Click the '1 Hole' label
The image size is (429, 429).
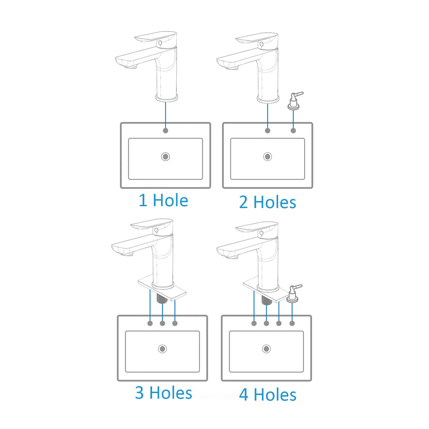pyautogui.click(x=163, y=200)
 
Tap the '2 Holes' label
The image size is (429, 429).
pyautogui.click(x=268, y=202)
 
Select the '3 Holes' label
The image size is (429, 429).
pyautogui.click(x=164, y=393)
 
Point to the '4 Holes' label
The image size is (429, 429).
pyautogui.click(x=268, y=395)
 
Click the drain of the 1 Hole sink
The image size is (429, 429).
pyautogui.click(x=165, y=157)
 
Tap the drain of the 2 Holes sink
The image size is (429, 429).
pyautogui.click(x=268, y=157)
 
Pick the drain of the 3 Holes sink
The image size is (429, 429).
pyautogui.click(x=163, y=349)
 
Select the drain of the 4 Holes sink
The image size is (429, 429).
pyautogui.click(x=266, y=349)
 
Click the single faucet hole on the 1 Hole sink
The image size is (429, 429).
pyautogui.click(x=165, y=131)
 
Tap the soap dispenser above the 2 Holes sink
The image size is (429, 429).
pyautogui.click(x=294, y=101)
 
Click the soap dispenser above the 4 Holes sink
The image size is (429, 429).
pyautogui.click(x=293, y=293)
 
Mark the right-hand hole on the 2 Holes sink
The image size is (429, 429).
pyautogui.click(x=293, y=131)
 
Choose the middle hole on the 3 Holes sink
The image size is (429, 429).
pyautogui.click(x=163, y=323)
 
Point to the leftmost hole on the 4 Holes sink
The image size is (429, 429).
pyautogui.click(x=254, y=323)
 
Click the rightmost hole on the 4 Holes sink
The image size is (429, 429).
pyautogui.click(x=292, y=323)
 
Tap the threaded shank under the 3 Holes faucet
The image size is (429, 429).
pyautogui.click(x=162, y=298)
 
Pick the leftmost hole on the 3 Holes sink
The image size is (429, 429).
pyautogui.click(x=150, y=323)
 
